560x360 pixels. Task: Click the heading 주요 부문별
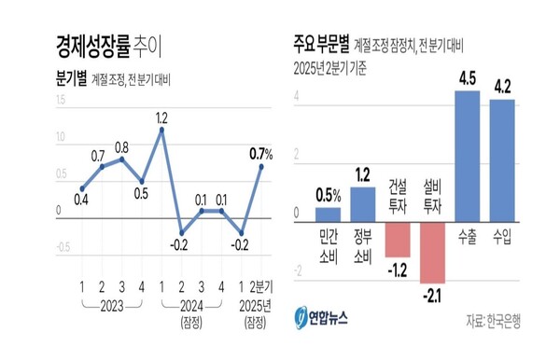pos(322,43)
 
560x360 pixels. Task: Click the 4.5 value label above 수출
pos(467,78)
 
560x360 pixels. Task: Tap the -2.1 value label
pos(432,297)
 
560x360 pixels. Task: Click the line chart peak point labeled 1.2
pos(161,129)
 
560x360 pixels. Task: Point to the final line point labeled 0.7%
pos(261,165)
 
